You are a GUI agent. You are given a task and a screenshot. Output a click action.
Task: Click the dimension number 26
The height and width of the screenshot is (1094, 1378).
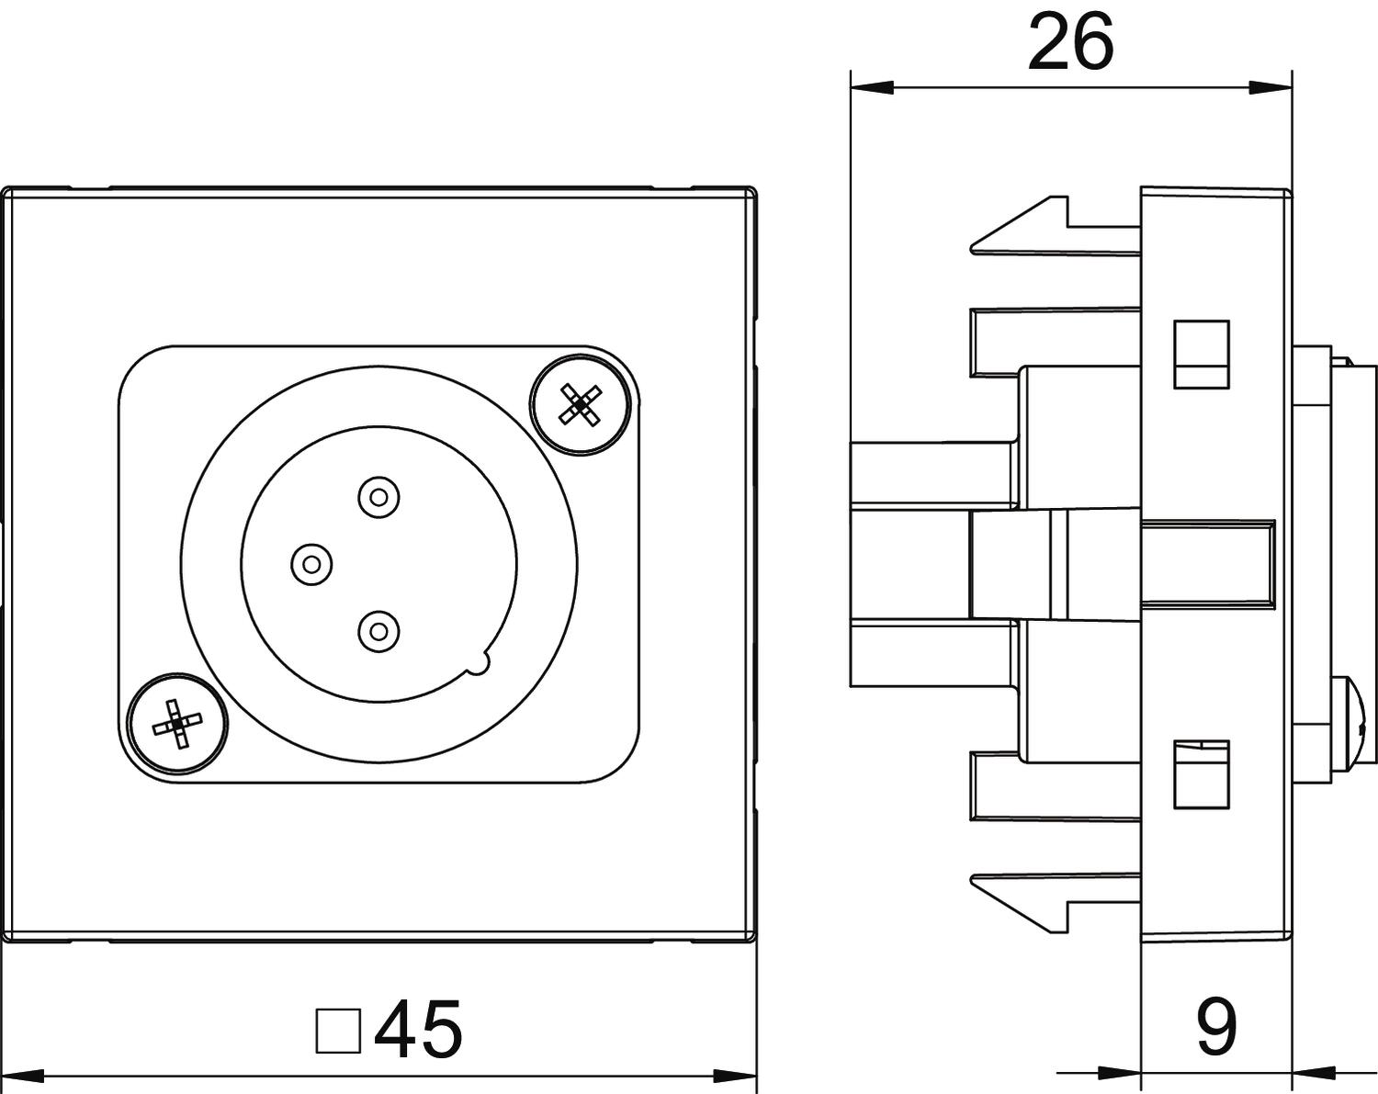click(1070, 41)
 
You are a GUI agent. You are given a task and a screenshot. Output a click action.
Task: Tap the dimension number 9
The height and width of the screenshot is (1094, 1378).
click(1216, 1027)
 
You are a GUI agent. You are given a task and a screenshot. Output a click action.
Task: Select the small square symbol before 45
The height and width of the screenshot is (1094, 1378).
click(337, 1031)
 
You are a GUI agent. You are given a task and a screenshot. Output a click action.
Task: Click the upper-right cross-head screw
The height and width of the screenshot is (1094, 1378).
click(580, 403)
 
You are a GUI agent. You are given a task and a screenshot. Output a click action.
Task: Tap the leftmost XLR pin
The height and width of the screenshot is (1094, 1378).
click(311, 562)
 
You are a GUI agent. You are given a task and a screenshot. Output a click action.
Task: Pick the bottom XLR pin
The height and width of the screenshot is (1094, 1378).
click(378, 631)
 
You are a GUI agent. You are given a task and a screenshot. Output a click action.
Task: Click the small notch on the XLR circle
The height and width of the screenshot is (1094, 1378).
click(480, 663)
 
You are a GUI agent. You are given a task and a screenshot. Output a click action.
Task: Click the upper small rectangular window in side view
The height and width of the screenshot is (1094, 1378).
click(1202, 354)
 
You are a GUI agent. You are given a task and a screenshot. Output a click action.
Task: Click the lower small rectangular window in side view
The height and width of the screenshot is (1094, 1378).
click(1202, 774)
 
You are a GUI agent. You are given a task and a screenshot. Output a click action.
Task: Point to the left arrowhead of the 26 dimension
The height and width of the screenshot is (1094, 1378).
click(873, 88)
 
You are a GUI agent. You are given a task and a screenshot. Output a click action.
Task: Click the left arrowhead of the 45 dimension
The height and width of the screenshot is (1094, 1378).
click(24, 1075)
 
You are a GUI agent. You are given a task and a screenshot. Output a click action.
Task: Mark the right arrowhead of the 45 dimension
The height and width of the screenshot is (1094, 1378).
click(735, 1075)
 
